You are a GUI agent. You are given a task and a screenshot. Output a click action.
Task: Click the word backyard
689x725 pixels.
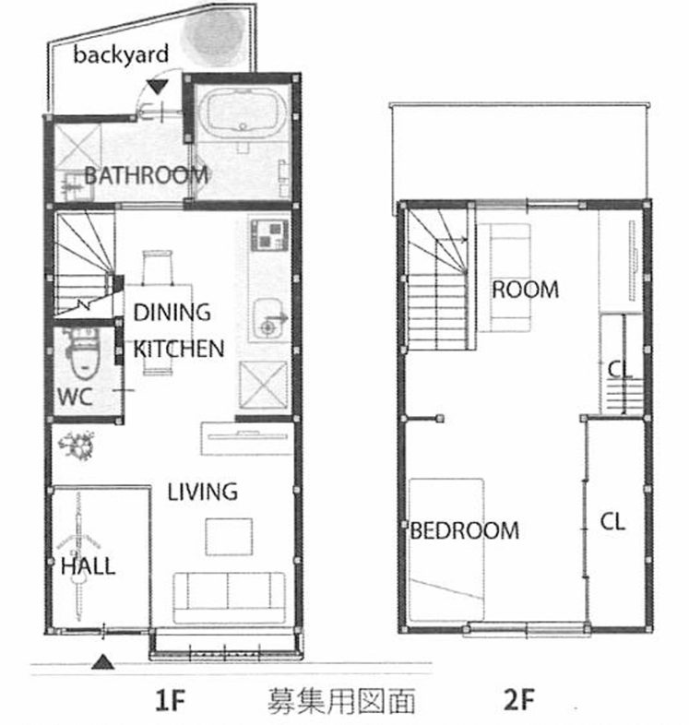(x=121, y=54)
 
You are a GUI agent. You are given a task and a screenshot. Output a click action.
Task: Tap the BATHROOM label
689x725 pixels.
(x=146, y=175)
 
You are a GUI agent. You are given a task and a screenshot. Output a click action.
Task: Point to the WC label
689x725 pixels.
(x=76, y=397)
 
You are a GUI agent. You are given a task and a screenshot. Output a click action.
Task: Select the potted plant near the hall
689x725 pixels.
(x=77, y=446)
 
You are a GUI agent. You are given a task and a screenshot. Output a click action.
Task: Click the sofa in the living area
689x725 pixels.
(x=229, y=598)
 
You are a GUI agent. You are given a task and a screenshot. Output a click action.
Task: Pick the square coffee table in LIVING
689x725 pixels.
(x=229, y=536)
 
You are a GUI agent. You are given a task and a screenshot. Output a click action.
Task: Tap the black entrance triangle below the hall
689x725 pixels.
(x=102, y=662)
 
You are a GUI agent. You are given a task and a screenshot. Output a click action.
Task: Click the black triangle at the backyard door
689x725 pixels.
(x=157, y=88)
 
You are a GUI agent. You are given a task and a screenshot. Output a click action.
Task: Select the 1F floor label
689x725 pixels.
(x=170, y=700)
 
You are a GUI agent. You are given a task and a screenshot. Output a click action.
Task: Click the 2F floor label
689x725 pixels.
(x=519, y=700)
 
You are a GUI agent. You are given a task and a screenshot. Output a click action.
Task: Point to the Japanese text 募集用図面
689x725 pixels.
(x=341, y=700)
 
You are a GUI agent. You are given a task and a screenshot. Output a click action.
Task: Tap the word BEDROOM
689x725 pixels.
(x=464, y=530)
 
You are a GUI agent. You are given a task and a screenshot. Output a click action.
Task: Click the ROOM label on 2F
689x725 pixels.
(x=526, y=290)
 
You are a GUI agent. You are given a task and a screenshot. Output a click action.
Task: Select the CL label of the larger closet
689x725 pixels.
(x=612, y=521)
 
